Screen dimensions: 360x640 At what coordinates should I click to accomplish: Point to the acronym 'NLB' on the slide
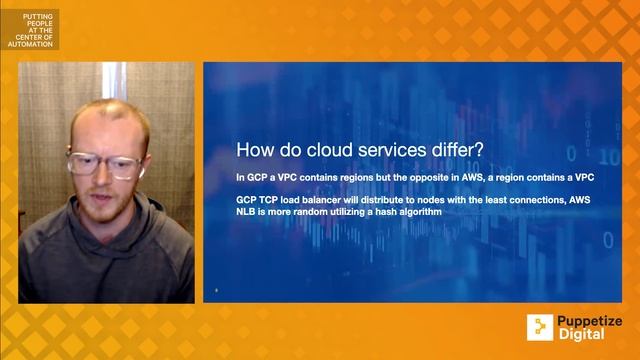point(247,213)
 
